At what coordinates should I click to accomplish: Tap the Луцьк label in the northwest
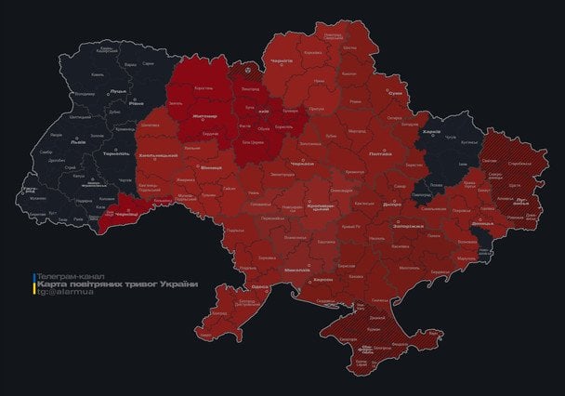(118, 91)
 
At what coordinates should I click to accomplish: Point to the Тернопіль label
(116, 154)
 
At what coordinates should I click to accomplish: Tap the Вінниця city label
(211, 167)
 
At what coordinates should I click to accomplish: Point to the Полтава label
(381, 153)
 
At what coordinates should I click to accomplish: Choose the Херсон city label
(322, 279)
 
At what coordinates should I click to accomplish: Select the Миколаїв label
(296, 270)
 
